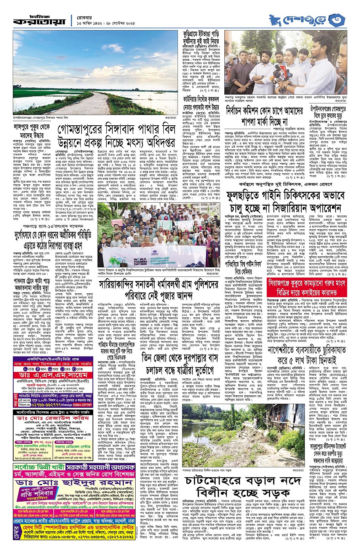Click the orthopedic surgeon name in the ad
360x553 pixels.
click(53, 418)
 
